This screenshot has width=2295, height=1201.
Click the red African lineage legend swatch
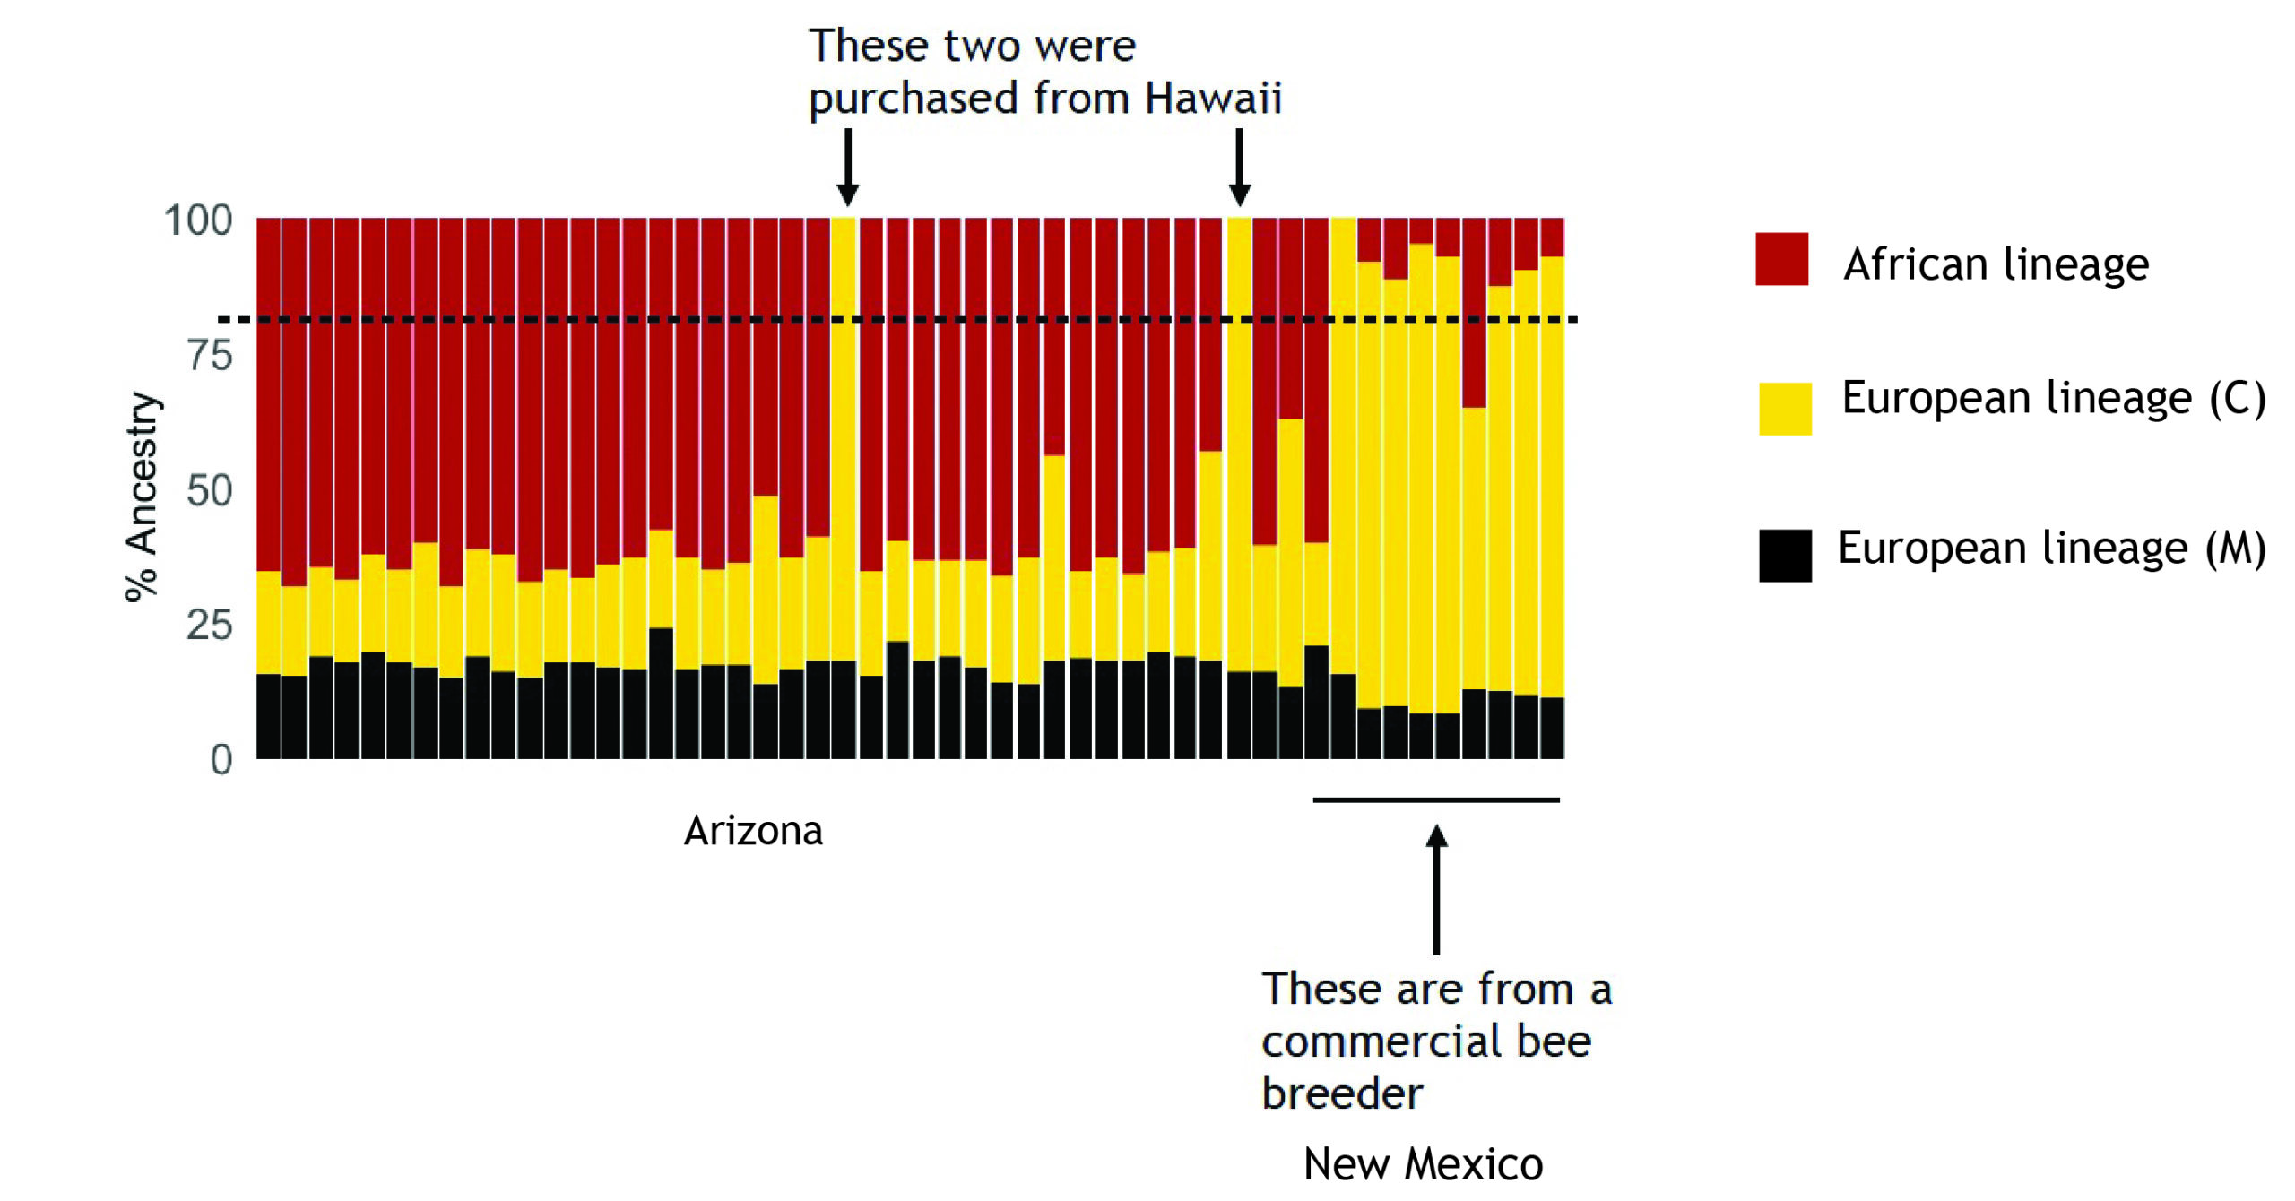coord(1781,259)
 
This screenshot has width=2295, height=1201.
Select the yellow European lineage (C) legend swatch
coord(1785,409)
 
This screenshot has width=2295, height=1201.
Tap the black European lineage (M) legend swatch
coord(1785,556)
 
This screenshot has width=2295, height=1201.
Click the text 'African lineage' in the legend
coord(1996,264)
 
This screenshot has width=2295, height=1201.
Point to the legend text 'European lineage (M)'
coord(2051,549)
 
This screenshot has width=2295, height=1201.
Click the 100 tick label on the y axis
coord(198,220)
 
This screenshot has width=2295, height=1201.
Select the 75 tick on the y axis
coord(210,356)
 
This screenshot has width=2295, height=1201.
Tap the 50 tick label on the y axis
coord(210,491)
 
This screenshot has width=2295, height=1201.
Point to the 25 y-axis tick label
coord(210,626)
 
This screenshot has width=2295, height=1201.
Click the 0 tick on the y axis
coord(221,760)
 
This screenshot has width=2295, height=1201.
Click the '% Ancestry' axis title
coord(142,497)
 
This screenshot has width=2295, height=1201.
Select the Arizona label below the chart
coord(753,832)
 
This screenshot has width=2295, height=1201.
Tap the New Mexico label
coord(1423,1164)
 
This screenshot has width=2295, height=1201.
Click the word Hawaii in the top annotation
coord(1213,99)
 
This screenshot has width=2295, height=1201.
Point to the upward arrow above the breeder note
coord(1436,887)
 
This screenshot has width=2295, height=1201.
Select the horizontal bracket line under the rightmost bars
coord(1436,799)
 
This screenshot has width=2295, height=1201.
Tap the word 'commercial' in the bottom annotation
coord(1373,1042)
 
